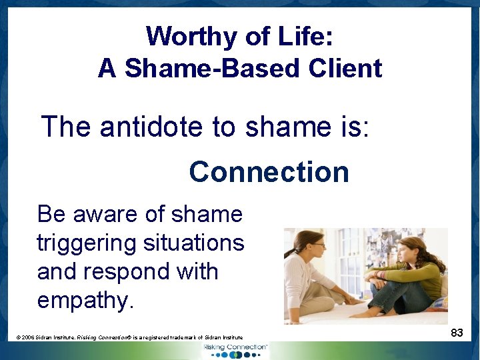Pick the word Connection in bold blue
click(x=269, y=172)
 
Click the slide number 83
click(x=457, y=332)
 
